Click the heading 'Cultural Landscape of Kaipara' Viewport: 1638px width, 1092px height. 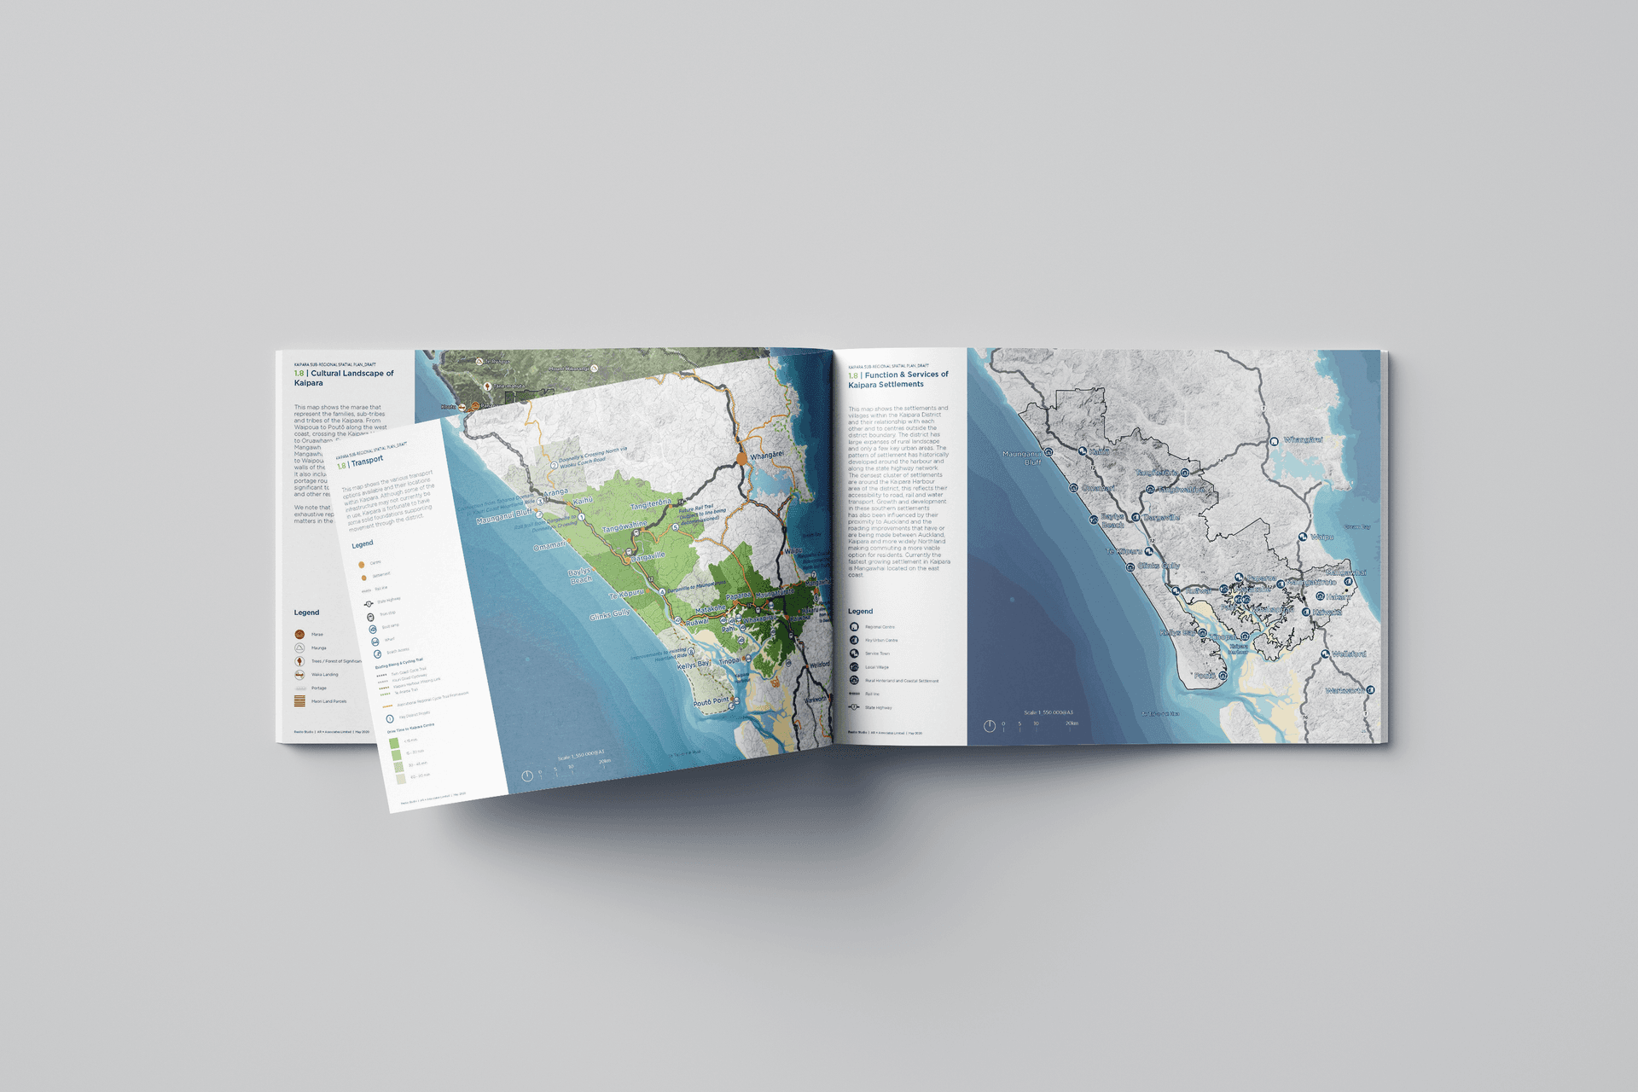[344, 378]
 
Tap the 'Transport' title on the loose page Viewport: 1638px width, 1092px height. [367, 461]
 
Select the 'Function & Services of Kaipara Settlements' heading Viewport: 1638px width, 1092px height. [897, 380]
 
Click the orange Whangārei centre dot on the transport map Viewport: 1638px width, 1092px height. [741, 458]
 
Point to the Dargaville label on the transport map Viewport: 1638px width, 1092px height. [648, 556]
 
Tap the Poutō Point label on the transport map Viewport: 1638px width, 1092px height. [711, 702]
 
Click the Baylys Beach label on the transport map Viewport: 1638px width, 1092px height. [580, 576]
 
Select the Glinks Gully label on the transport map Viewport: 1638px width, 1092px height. [609, 613]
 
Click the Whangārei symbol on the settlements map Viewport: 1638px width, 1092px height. [1274, 441]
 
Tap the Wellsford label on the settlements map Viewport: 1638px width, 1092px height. [1349, 653]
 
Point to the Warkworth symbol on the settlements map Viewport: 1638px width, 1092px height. [1370, 689]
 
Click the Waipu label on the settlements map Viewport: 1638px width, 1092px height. [1321, 537]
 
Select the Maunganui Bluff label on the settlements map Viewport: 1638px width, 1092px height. [1022, 458]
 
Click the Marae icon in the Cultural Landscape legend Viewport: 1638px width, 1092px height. [299, 634]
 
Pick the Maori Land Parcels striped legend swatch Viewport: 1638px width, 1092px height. [299, 701]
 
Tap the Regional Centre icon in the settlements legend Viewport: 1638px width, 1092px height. [854, 627]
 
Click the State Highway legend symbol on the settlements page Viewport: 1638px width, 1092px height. [854, 707]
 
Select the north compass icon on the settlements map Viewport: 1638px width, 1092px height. [989, 726]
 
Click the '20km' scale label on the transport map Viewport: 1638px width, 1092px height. [604, 761]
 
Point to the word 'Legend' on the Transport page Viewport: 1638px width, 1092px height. [362, 544]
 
